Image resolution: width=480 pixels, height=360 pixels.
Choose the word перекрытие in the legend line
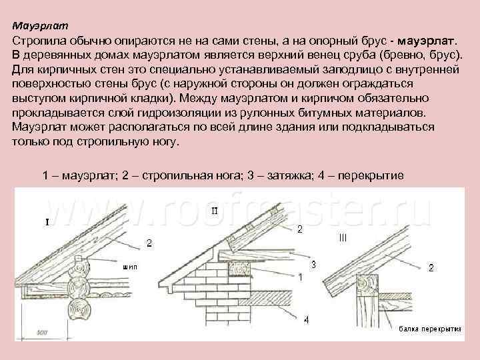pyautogui.click(x=371, y=176)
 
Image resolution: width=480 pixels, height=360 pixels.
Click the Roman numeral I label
pyautogui.click(x=47, y=223)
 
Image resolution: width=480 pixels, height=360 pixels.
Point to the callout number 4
pyautogui.click(x=306, y=321)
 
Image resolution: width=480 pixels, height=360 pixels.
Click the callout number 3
pyautogui.click(x=314, y=264)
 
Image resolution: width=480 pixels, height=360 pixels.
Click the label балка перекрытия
pyautogui.click(x=431, y=329)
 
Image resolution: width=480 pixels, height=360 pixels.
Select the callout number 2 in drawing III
pyautogui.click(x=431, y=268)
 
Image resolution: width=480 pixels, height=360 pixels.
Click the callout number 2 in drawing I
pyautogui.click(x=149, y=243)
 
